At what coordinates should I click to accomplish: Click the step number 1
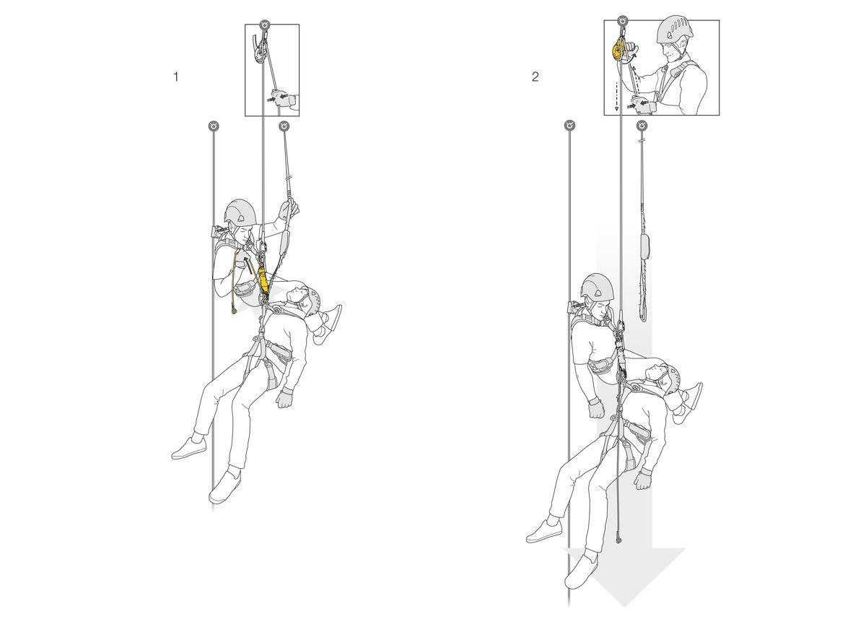click(x=175, y=77)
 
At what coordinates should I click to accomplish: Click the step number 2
click(x=535, y=77)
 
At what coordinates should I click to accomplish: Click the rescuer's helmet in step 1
click(x=240, y=212)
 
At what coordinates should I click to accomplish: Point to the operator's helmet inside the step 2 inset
click(x=675, y=30)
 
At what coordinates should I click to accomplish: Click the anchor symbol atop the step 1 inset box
click(x=266, y=24)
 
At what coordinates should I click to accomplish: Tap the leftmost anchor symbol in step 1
click(x=213, y=126)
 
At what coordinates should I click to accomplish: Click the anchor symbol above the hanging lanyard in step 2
click(x=642, y=126)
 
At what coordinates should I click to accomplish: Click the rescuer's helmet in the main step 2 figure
click(x=598, y=288)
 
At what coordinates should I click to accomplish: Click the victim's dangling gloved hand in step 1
click(x=285, y=398)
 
